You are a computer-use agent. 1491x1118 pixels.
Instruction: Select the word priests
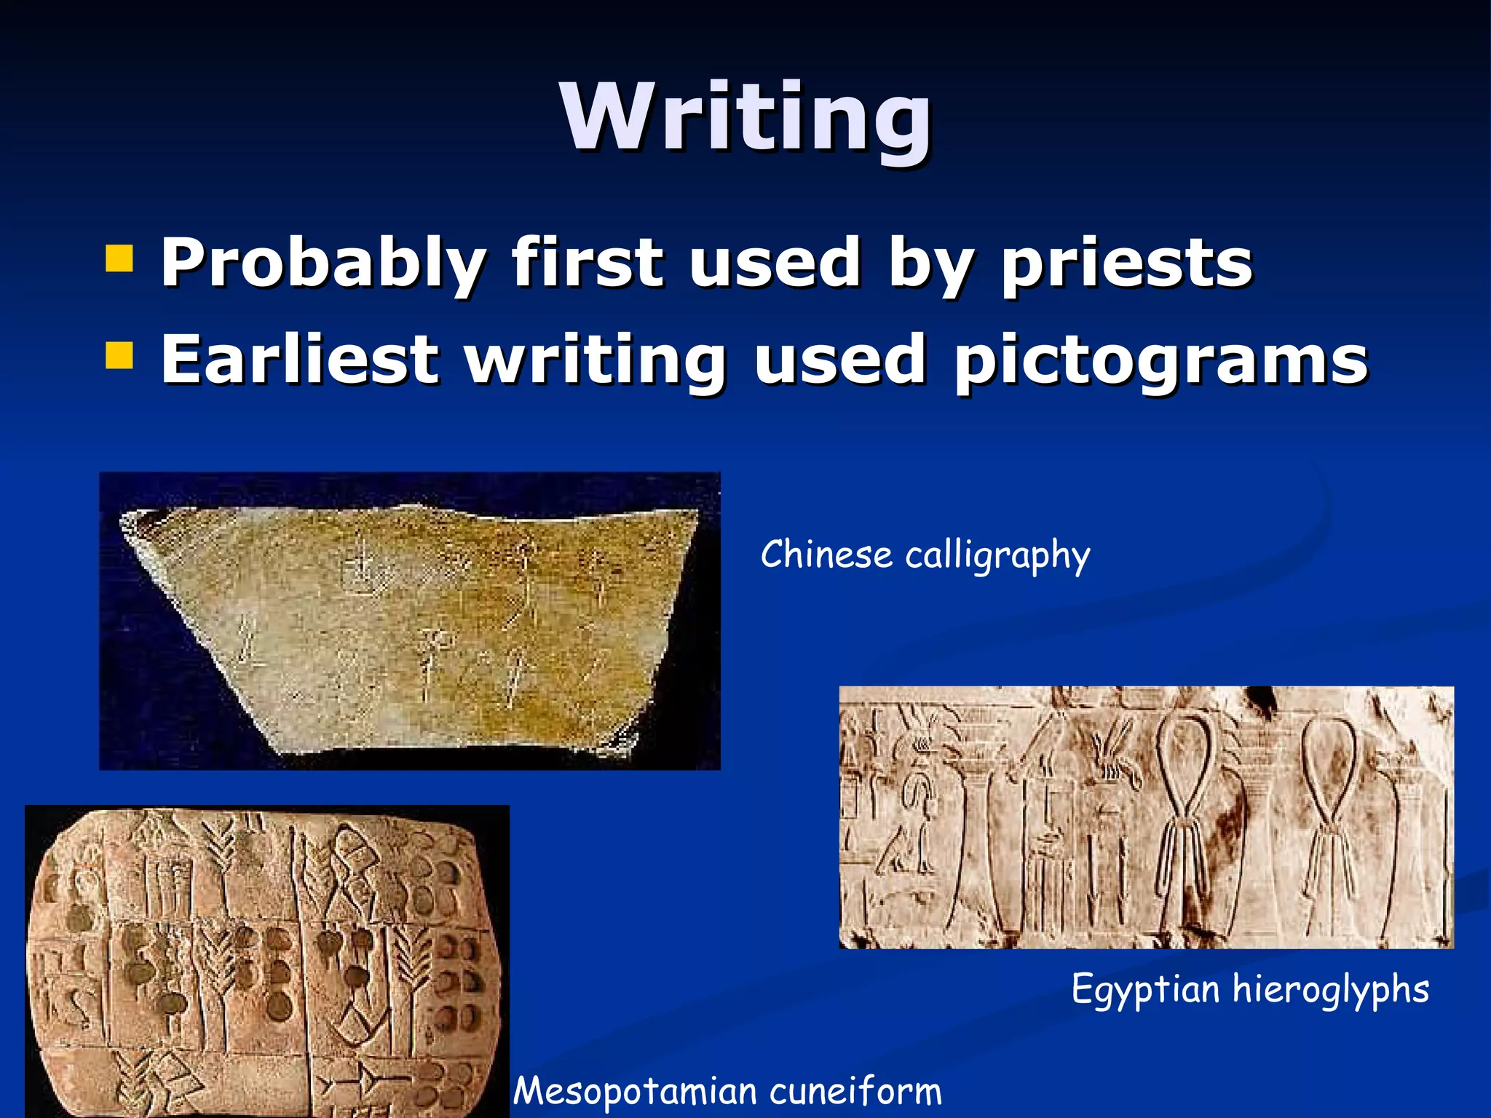click(x=1126, y=263)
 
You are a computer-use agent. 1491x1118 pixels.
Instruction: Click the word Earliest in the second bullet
click(x=299, y=360)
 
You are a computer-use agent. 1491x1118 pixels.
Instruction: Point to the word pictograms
click(x=1161, y=361)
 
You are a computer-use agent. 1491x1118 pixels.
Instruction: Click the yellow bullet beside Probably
click(x=119, y=258)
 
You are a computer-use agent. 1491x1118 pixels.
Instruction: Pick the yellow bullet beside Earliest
click(x=119, y=356)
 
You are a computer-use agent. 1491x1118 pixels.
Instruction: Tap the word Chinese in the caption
click(x=826, y=555)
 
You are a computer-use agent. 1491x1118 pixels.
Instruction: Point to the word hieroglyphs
click(x=1330, y=990)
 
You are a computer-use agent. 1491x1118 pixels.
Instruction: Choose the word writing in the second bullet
click(x=596, y=360)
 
